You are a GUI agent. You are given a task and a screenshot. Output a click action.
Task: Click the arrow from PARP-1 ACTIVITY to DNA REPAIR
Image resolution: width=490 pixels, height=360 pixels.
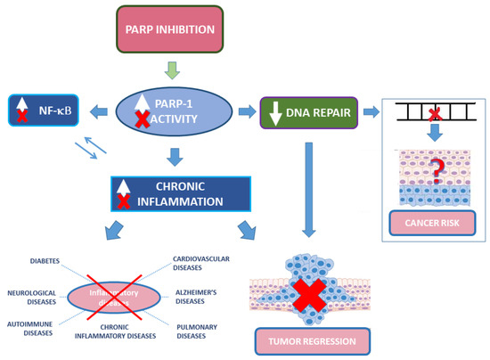(x=245, y=110)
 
